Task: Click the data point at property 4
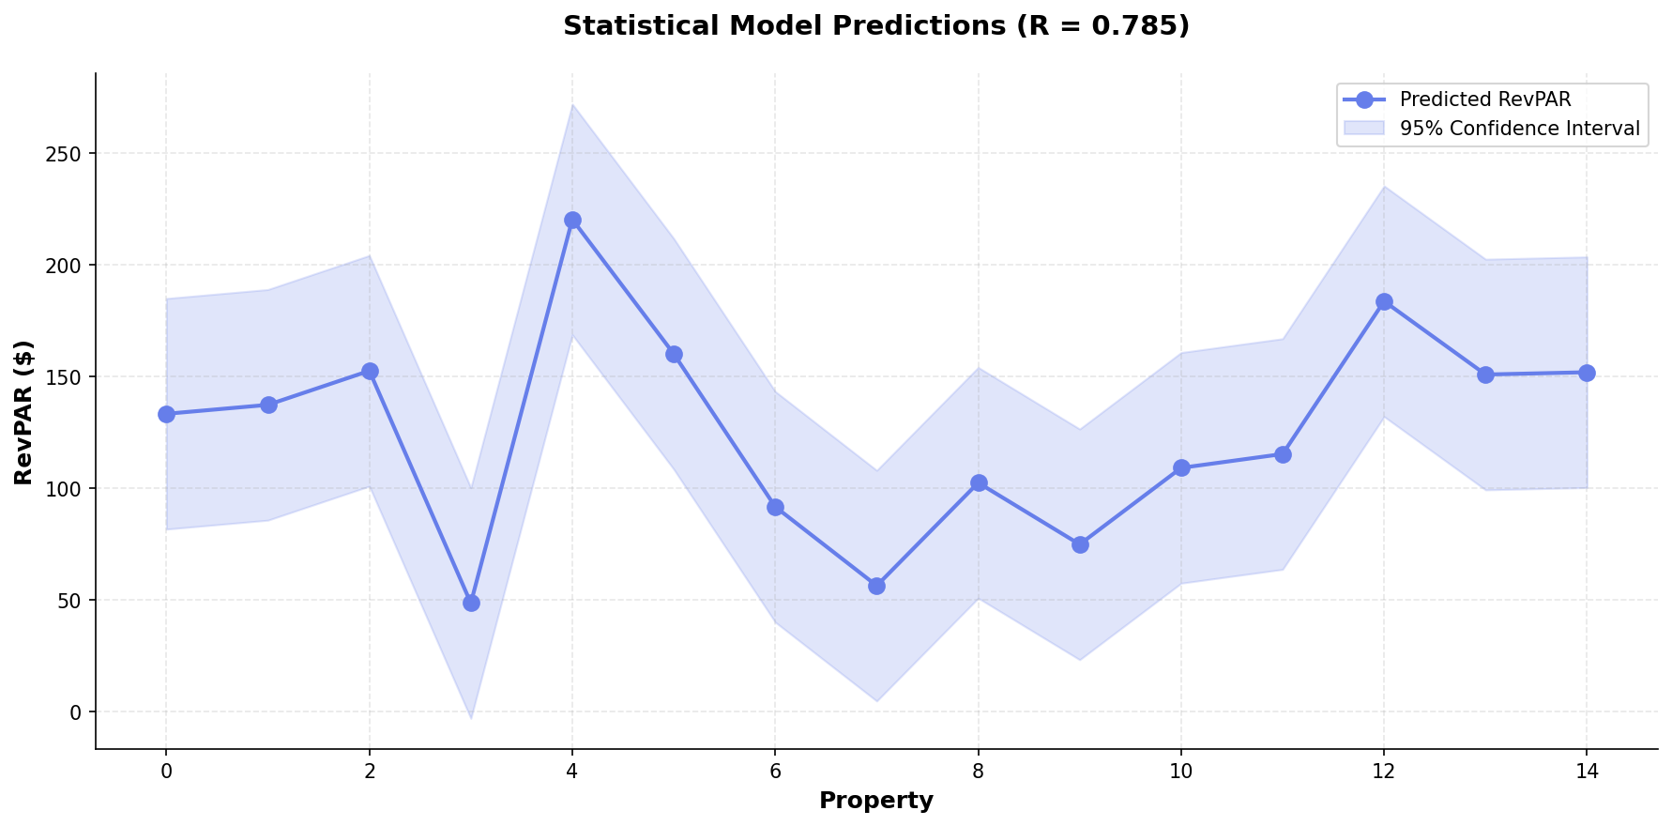(x=572, y=220)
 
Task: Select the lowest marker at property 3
(x=471, y=603)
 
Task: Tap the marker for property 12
(x=1384, y=301)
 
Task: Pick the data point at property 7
(x=876, y=586)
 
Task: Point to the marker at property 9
(x=1080, y=544)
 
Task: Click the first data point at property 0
(x=166, y=414)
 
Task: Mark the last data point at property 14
(x=1587, y=373)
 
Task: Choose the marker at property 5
(x=674, y=354)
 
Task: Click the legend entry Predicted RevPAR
(x=1484, y=99)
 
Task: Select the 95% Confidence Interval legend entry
(x=1519, y=129)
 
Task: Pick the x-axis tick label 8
(x=979, y=772)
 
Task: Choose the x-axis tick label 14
(x=1587, y=772)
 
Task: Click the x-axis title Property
(x=876, y=801)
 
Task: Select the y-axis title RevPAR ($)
(x=24, y=412)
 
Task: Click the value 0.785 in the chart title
(x=1138, y=26)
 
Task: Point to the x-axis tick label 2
(x=370, y=772)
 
